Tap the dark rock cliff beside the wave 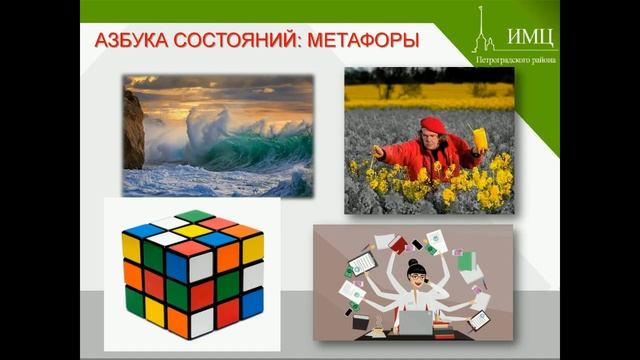[x=134, y=130]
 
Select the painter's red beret [x=432, y=124]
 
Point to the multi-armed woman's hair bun [x=413, y=263]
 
